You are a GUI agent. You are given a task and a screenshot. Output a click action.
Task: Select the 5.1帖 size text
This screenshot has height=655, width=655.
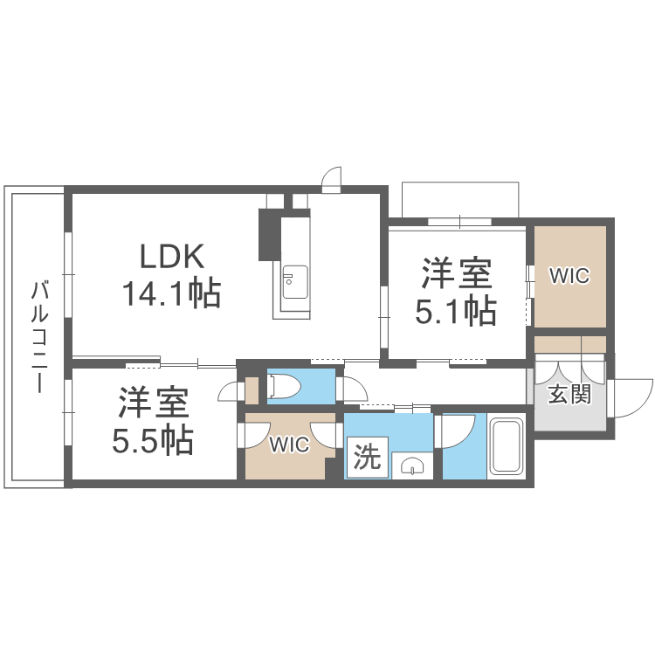tap(455, 311)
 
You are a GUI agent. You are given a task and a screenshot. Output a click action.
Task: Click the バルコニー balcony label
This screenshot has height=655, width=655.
tap(38, 336)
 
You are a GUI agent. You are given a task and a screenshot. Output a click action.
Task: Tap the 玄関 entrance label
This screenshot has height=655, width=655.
tap(569, 394)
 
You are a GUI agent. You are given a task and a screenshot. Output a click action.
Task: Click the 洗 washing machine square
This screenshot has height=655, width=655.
tap(368, 458)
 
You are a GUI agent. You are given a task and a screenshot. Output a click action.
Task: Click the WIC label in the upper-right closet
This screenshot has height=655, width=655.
tap(569, 276)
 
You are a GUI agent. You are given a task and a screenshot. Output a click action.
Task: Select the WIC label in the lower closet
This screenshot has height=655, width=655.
tap(288, 445)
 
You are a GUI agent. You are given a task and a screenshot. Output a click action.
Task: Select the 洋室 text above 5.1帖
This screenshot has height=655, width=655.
tap(456, 274)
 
